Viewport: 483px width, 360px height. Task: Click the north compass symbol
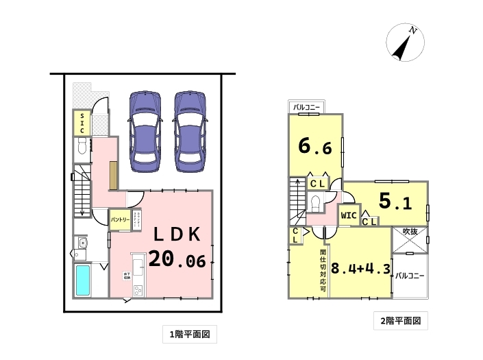(404, 42)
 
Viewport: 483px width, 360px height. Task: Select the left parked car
(146, 130)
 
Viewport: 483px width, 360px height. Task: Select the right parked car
(190, 130)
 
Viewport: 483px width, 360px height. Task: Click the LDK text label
(176, 235)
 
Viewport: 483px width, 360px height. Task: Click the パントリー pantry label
(121, 219)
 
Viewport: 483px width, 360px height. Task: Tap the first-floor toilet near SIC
(82, 146)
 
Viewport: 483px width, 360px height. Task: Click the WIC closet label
(348, 215)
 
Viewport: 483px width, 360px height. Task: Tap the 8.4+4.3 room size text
(360, 267)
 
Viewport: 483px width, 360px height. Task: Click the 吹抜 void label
(410, 232)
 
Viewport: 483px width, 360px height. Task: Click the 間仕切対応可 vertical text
(322, 268)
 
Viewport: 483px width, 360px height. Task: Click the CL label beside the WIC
(368, 221)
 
